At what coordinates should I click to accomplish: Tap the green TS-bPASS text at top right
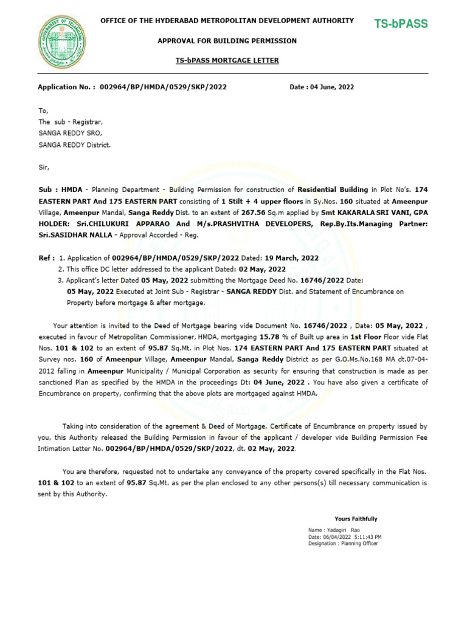pyautogui.click(x=401, y=24)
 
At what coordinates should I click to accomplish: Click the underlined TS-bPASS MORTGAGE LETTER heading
pyautogui.click(x=227, y=61)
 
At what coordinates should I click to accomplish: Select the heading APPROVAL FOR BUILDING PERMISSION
pyautogui.click(x=227, y=41)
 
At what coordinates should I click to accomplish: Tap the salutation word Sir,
pyautogui.click(x=44, y=165)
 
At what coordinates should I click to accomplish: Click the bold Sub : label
pyautogui.click(x=45, y=190)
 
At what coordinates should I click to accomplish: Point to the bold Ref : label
pyautogui.click(x=46, y=258)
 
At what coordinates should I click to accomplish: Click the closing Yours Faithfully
pyautogui.click(x=356, y=519)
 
